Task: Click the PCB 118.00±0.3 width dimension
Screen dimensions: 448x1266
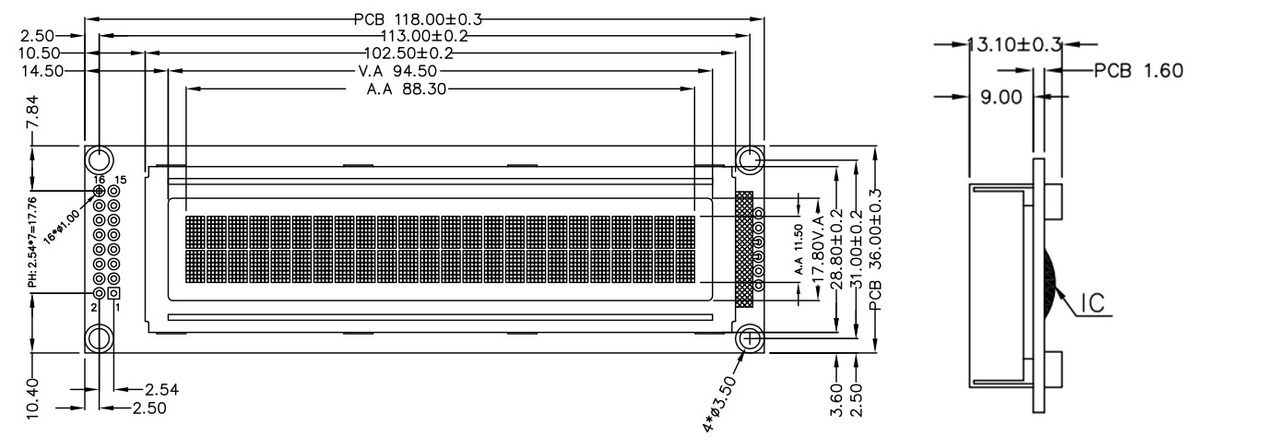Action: (418, 18)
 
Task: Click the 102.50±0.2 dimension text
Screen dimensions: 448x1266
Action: (409, 53)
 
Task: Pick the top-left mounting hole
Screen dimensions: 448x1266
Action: (100, 159)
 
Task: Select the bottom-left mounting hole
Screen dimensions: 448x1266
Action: (100, 338)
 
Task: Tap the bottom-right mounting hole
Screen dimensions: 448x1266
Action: (749, 338)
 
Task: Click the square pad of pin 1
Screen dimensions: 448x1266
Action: (114, 292)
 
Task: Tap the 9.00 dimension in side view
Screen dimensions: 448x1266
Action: (994, 95)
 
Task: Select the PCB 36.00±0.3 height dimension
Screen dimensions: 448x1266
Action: (875, 249)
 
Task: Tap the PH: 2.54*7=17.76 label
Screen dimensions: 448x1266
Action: (34, 242)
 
